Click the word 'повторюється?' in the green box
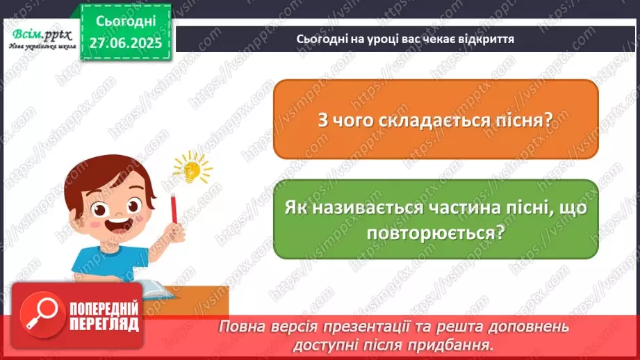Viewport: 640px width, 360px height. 436,234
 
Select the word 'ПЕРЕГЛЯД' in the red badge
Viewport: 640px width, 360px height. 104,324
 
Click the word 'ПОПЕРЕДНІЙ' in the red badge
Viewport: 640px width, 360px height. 104,308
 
